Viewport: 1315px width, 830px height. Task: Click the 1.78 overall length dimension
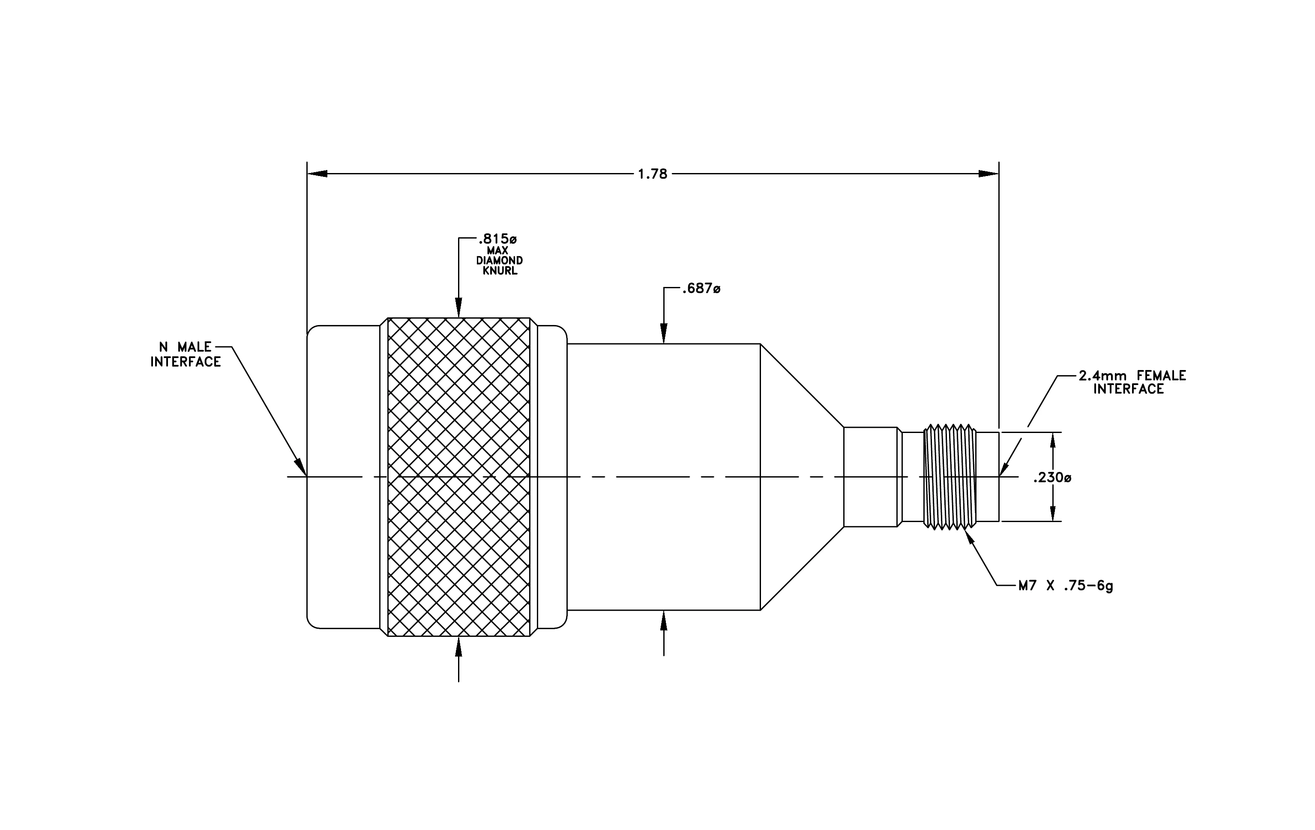(x=653, y=174)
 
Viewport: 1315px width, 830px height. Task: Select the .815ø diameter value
(x=497, y=239)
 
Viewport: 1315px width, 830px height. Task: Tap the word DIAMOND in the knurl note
(x=499, y=261)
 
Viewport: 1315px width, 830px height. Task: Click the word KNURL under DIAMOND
(x=500, y=271)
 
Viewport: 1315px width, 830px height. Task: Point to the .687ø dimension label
(x=701, y=288)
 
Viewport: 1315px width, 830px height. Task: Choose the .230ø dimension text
(x=1052, y=478)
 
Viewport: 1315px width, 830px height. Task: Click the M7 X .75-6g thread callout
(x=1066, y=586)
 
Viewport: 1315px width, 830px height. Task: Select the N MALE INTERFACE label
(x=186, y=355)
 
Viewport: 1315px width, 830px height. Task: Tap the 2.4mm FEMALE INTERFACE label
(x=1132, y=382)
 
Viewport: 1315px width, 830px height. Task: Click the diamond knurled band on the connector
(x=459, y=477)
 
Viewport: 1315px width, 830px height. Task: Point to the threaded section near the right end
(x=950, y=477)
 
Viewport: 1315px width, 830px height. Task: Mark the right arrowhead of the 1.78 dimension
(x=988, y=174)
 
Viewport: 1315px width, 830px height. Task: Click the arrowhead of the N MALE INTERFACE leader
(x=301, y=467)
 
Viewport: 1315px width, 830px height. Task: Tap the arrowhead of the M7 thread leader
(x=971, y=537)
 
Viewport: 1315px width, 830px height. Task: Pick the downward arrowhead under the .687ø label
(x=664, y=334)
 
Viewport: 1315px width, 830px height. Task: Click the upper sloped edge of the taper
(x=802, y=385)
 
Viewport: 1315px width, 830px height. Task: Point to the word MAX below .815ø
(x=497, y=251)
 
